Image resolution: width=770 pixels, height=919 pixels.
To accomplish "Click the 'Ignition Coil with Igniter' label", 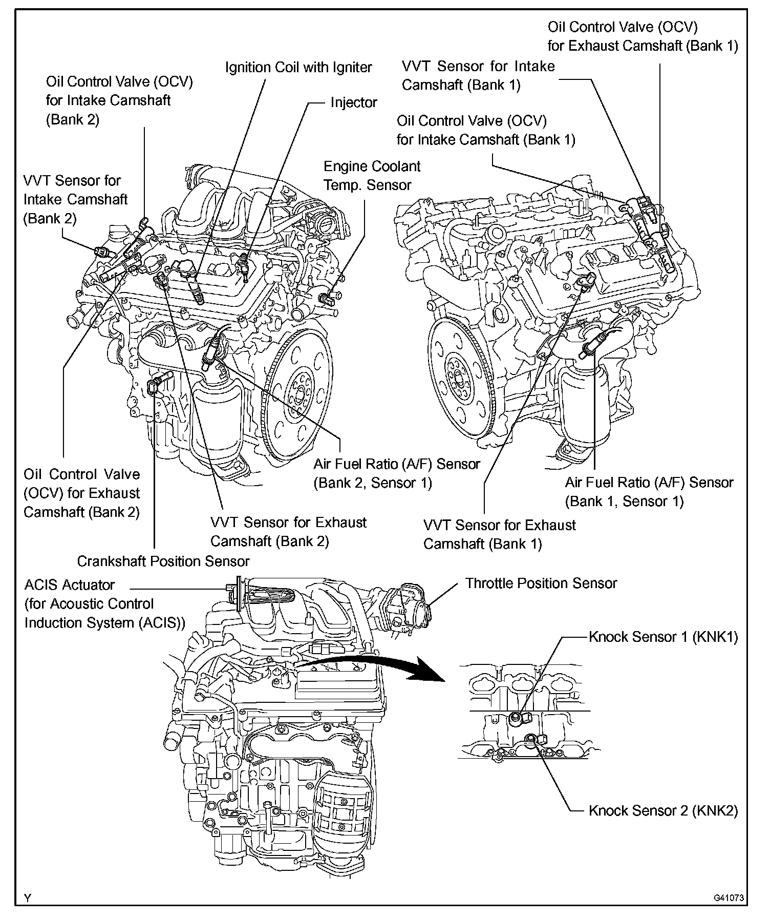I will (298, 68).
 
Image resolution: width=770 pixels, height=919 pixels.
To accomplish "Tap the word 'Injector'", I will (353, 102).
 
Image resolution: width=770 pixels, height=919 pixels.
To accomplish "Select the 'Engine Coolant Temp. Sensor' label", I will (372, 176).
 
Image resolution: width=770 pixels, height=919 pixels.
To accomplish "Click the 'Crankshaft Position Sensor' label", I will (163, 561).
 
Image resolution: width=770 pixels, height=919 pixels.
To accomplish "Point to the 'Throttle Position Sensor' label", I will (541, 583).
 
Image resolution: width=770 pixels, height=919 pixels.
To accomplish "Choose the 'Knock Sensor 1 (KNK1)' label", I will (663, 637).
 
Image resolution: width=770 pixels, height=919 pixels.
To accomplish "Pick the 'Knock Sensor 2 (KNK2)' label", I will (663, 811).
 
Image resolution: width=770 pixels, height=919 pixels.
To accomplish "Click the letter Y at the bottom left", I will (28, 898).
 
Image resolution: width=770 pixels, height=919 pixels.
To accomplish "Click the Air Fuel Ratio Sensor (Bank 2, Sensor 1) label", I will (397, 473).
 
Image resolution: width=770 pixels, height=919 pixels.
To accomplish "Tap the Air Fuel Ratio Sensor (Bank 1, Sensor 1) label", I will (649, 492).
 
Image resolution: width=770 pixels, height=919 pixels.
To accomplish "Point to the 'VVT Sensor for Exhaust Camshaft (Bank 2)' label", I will (288, 532).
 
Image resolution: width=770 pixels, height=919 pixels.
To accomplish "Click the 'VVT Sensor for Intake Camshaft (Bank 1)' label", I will (478, 76).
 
